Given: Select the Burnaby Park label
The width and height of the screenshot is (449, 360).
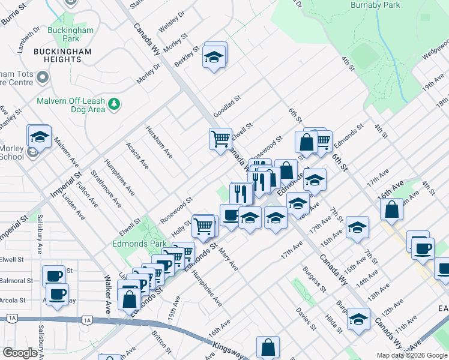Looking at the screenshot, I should pyautogui.click(x=375, y=5).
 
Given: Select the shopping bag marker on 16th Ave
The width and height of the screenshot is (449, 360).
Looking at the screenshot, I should pyautogui.click(x=391, y=209).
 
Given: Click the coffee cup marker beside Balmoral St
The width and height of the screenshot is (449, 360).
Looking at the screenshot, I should pyautogui.click(x=54, y=276).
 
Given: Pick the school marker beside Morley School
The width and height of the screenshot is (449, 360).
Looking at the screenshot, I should pyautogui.click(x=40, y=137).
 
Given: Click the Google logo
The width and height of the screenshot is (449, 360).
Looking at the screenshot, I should pyautogui.click(x=20, y=353).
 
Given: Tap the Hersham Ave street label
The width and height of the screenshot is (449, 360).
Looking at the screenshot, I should pyautogui.click(x=160, y=142).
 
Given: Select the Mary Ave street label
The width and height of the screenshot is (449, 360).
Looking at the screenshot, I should pyautogui.click(x=228, y=259).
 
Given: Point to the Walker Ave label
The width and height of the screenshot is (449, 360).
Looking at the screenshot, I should pyautogui.click(x=108, y=295).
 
